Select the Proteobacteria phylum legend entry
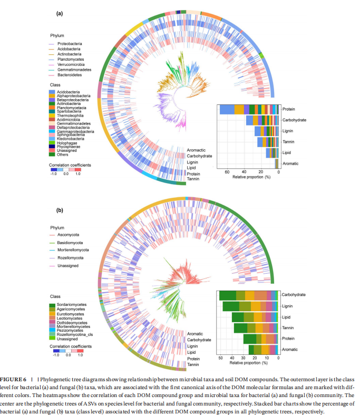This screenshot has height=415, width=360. tap(69, 43)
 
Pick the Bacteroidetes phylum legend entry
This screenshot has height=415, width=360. tap(69, 75)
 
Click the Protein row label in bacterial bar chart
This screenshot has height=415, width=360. tap(288, 109)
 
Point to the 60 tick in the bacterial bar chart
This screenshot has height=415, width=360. tap(227, 172)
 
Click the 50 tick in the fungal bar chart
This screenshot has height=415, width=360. tap(220, 358)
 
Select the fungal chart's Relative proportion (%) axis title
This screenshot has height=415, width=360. tap(248, 363)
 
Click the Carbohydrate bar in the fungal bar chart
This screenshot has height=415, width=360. tap(248, 295)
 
